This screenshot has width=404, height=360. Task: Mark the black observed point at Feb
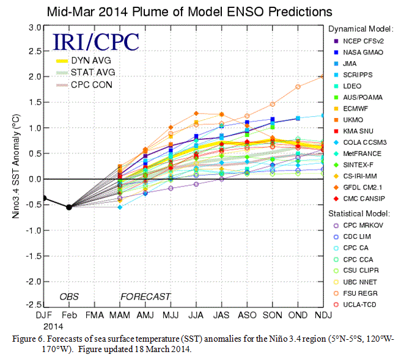tap(68, 207)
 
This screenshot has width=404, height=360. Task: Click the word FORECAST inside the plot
tap(145, 296)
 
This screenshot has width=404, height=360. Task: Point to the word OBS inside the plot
tap(69, 296)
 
